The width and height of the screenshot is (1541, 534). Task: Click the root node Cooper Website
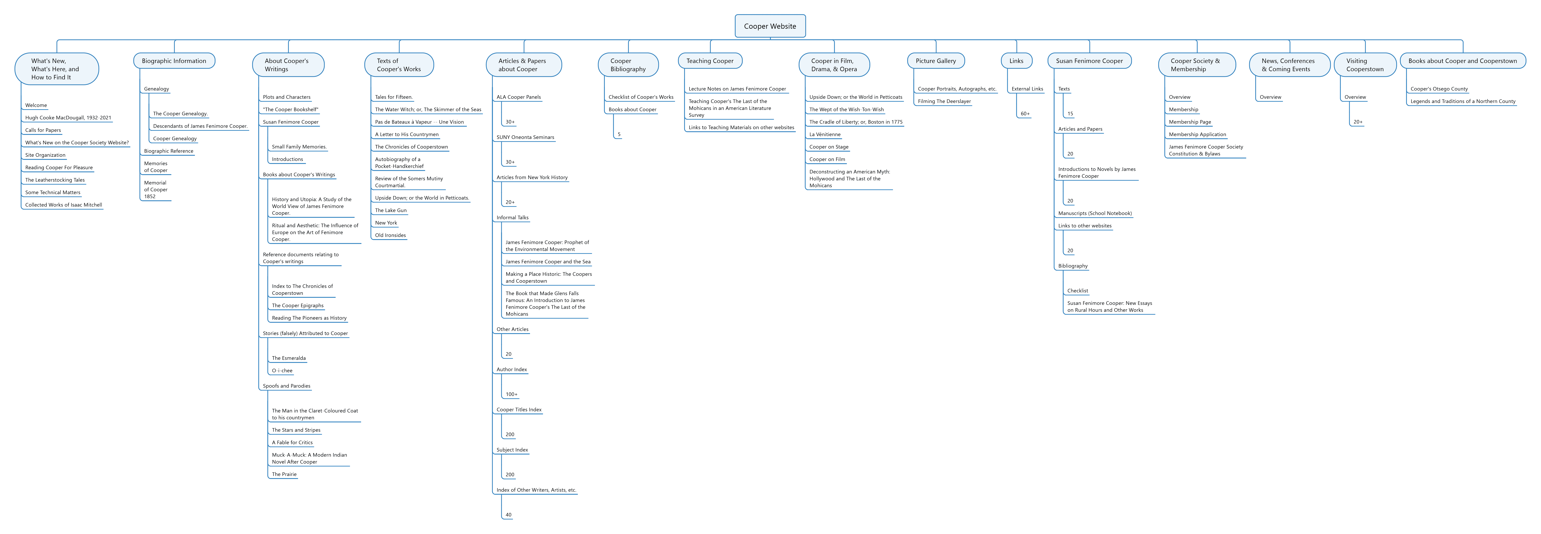(770, 26)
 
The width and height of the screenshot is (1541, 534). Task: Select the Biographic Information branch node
(174, 61)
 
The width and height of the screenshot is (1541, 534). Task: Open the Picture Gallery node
(936, 61)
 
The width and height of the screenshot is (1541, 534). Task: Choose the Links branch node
(1016, 61)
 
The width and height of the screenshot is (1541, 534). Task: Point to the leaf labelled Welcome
(36, 105)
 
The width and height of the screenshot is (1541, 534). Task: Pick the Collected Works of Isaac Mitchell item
(63, 205)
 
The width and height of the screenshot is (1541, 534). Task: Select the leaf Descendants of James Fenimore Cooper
(200, 126)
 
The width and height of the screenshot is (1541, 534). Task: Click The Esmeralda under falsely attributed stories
(288, 358)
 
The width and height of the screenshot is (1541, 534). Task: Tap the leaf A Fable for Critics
(292, 442)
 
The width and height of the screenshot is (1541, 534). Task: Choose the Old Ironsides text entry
(390, 235)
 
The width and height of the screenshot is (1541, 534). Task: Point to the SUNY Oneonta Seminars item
(525, 137)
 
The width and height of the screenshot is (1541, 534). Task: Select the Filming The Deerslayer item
(944, 101)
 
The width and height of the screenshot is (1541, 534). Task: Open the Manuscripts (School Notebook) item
(1095, 213)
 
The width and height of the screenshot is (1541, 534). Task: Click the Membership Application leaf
(1197, 135)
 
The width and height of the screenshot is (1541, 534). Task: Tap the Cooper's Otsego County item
(1439, 89)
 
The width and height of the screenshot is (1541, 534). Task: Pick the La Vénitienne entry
(824, 135)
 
